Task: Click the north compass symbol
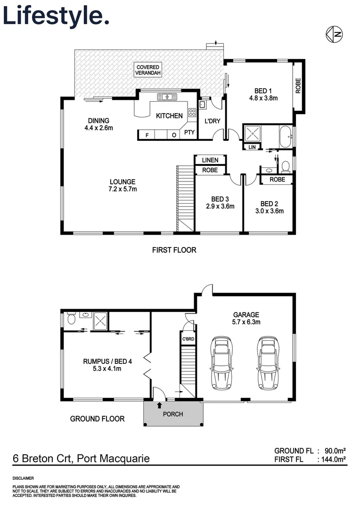(334, 33)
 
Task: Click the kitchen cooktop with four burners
(192, 112)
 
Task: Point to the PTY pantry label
(189, 132)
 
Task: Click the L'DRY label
(212, 121)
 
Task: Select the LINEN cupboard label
(210, 161)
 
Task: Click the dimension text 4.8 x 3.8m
(263, 99)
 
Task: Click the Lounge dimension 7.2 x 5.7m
(123, 189)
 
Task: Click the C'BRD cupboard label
(188, 339)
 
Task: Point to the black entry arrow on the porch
(159, 404)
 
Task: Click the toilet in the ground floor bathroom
(71, 319)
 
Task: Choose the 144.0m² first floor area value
(332, 459)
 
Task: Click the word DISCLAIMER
(23, 478)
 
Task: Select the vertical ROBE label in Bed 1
(298, 85)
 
